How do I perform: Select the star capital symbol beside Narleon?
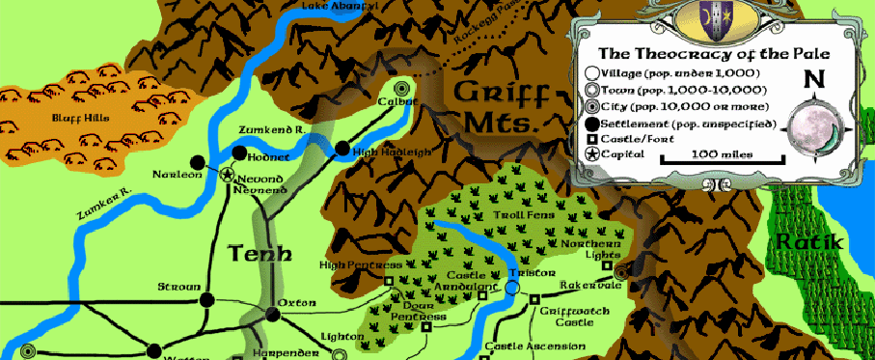228,175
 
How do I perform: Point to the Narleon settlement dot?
197,162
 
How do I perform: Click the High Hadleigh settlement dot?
342,149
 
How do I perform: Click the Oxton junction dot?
272,315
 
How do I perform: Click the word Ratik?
810,241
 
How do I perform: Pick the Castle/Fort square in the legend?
589,139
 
